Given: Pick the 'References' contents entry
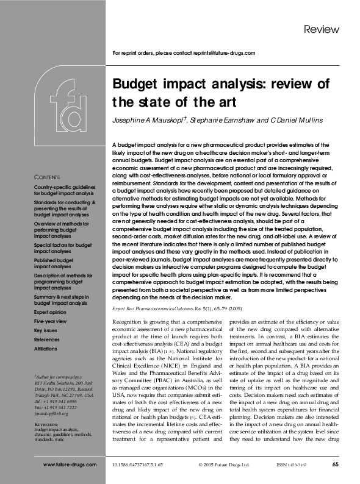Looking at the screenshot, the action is [47, 339].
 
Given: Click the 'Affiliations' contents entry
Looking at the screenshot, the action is [48, 348].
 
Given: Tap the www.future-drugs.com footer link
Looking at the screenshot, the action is [70, 465].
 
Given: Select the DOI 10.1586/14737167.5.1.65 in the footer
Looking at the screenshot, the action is [138, 465].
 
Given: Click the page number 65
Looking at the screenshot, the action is [336, 465].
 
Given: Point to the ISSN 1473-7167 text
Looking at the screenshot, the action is [291, 465].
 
